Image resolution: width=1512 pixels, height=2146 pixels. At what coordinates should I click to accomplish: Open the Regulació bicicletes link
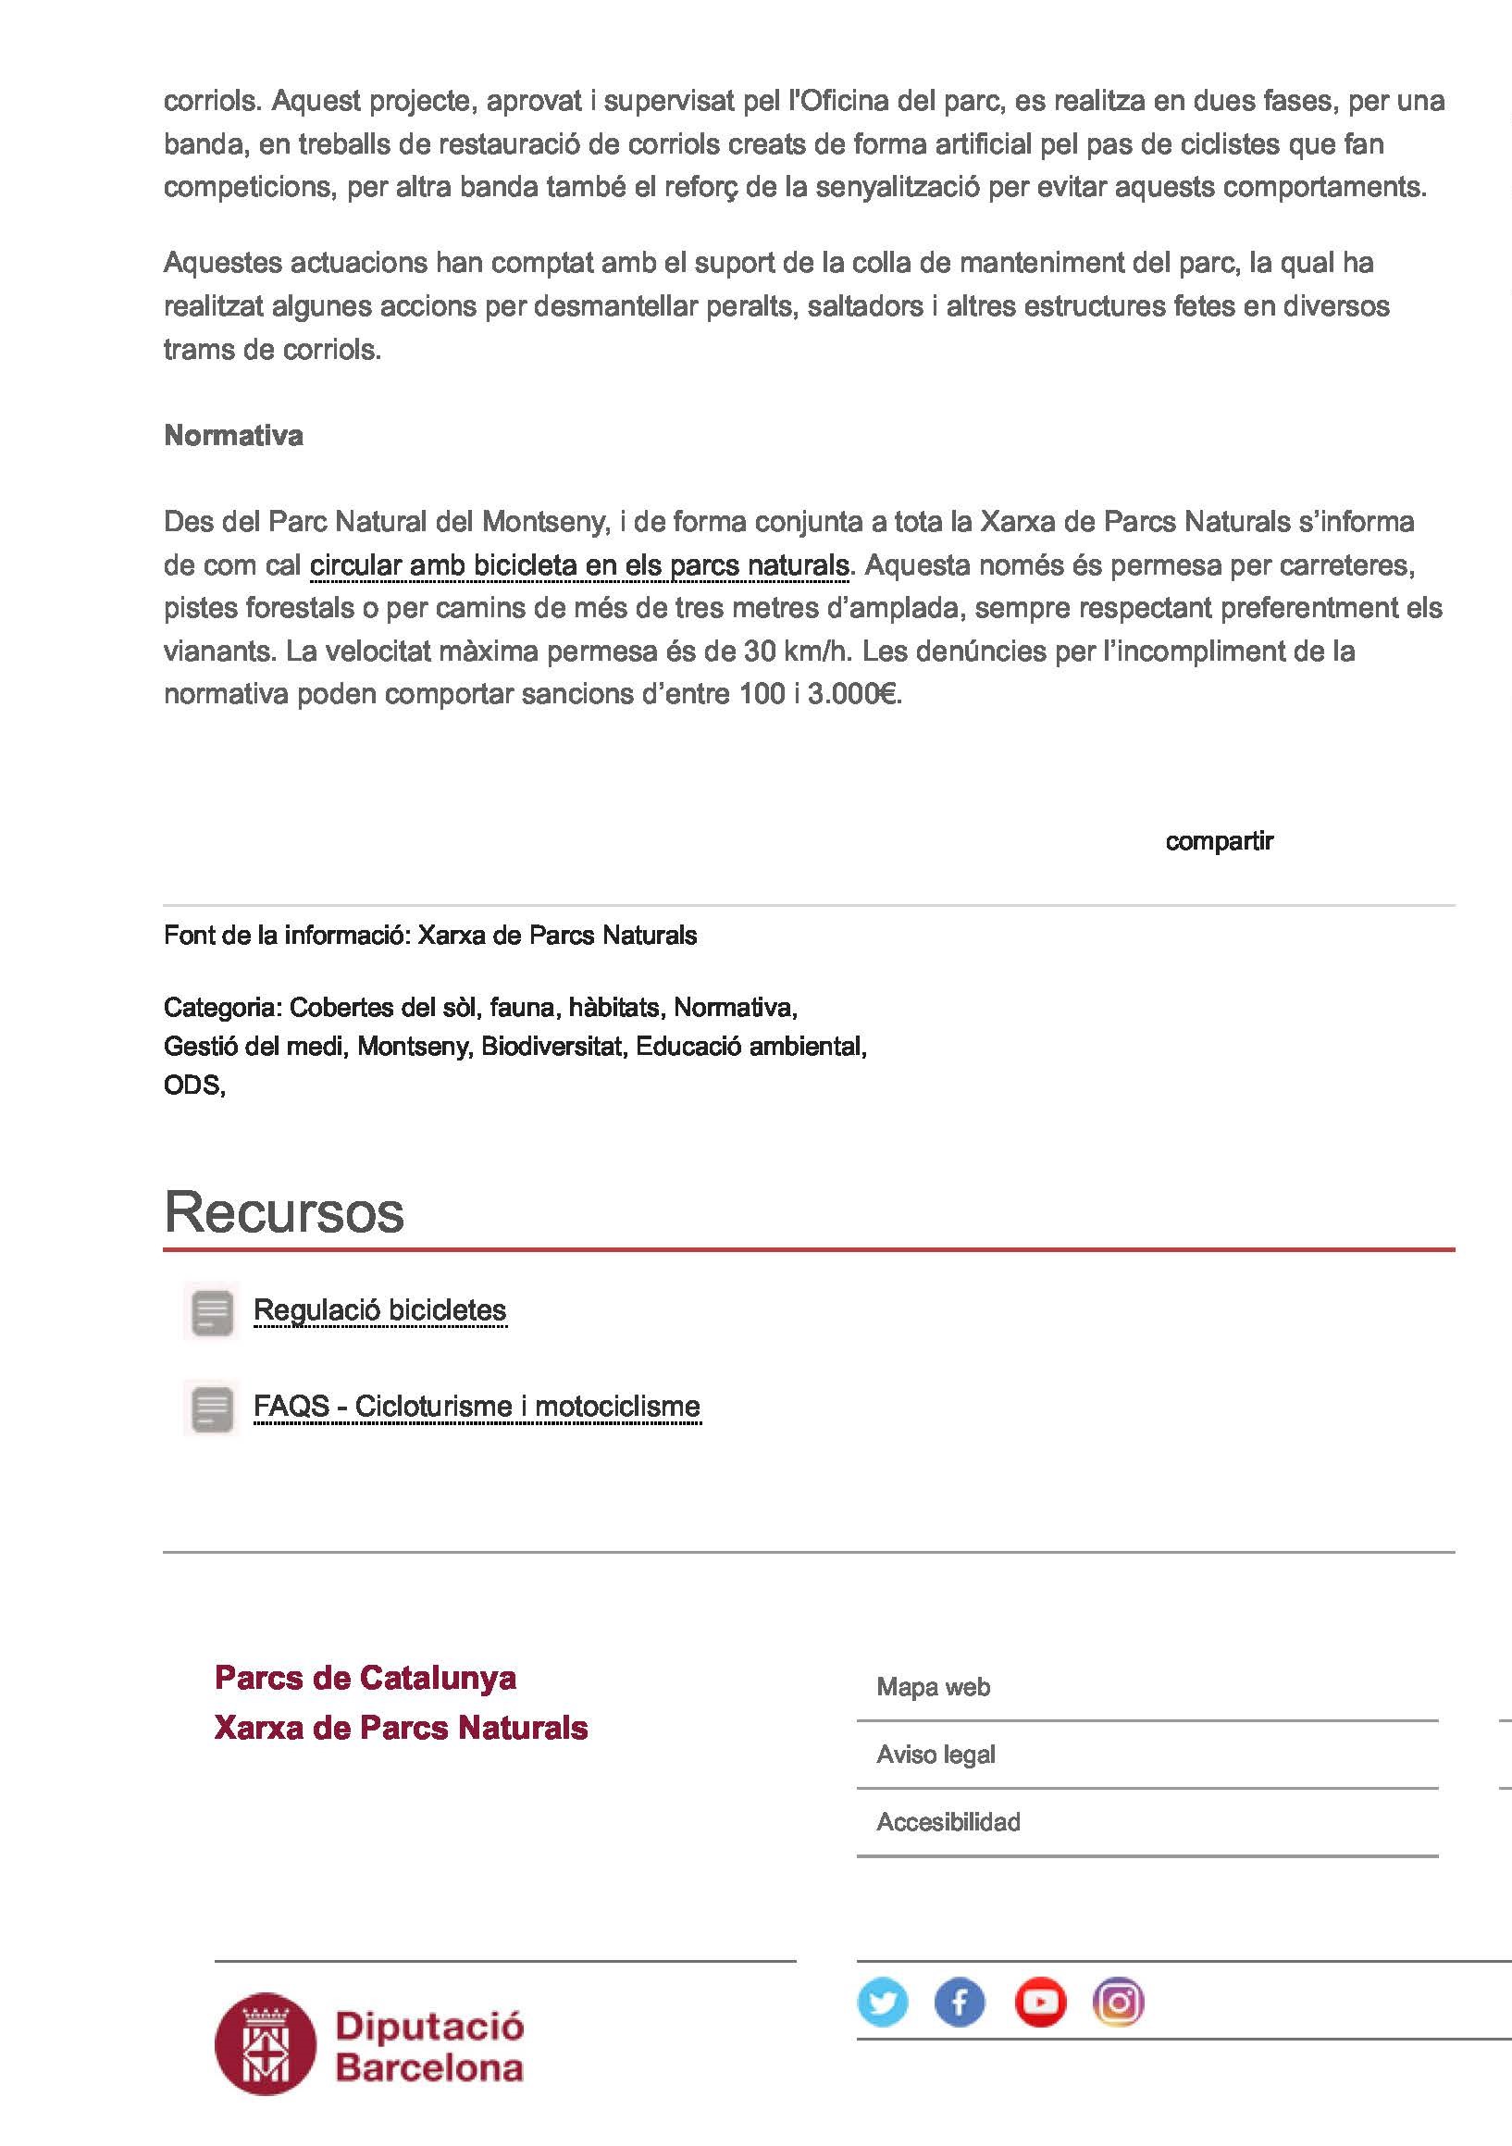pyautogui.click(x=379, y=1310)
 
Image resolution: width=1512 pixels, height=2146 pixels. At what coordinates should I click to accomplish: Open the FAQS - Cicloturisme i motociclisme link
pyautogui.click(x=477, y=1407)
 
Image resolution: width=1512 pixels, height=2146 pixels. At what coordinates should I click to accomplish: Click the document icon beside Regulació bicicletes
pyautogui.click(x=212, y=1311)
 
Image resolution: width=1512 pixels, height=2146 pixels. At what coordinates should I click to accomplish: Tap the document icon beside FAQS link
pyautogui.click(x=212, y=1408)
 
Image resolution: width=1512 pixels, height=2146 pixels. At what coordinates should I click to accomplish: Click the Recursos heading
pyautogui.click(x=284, y=1212)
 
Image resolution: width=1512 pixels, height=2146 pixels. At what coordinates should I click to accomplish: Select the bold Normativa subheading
pyautogui.click(x=233, y=436)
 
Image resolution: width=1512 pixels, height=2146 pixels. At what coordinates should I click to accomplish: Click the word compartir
pyautogui.click(x=1219, y=841)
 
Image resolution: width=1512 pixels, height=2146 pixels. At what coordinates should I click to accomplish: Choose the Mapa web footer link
pyautogui.click(x=933, y=1687)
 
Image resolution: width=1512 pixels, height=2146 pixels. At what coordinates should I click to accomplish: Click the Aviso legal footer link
pyautogui.click(x=936, y=1755)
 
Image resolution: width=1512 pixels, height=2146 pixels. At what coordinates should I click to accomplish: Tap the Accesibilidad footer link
pyautogui.click(x=948, y=1822)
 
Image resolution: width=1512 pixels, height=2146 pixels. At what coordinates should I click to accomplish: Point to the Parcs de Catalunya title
pyautogui.click(x=366, y=1678)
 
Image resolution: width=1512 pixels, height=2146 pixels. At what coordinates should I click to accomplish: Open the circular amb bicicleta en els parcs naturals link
pyautogui.click(x=579, y=565)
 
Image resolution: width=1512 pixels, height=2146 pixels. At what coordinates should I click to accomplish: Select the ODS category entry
pyautogui.click(x=192, y=1085)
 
